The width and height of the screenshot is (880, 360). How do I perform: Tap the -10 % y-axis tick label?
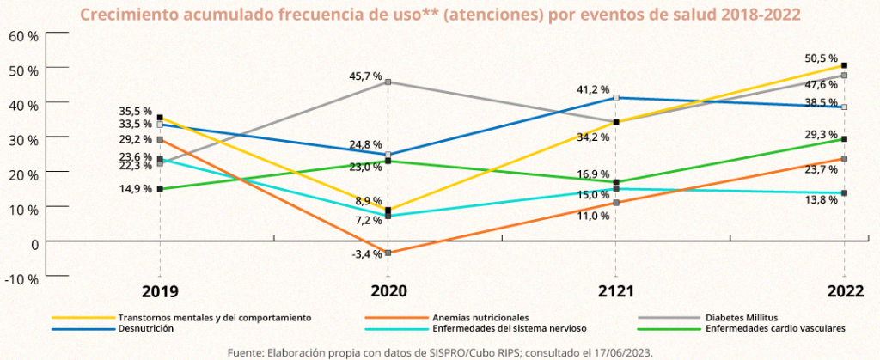(22, 278)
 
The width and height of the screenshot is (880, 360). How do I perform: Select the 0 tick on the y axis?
(34, 242)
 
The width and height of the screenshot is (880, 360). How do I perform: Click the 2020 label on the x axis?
(388, 292)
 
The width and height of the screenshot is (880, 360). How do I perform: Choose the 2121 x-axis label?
(616, 292)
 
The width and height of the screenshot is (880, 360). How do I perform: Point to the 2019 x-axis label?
(160, 292)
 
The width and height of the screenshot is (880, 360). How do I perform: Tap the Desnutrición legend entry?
(145, 328)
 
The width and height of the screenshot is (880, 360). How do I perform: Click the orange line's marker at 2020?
(388, 253)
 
